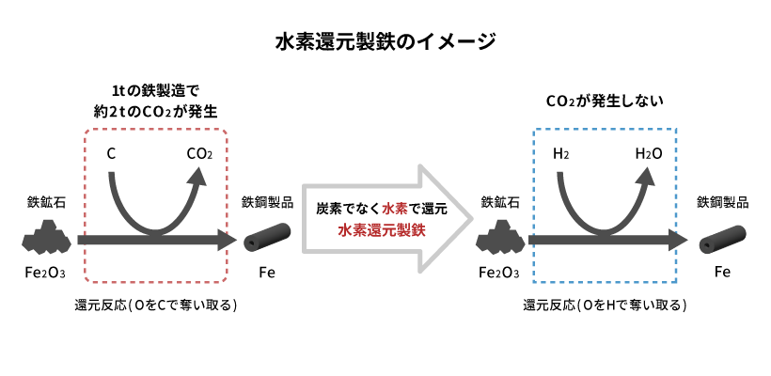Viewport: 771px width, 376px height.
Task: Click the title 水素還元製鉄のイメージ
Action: pyautogui.click(x=385, y=42)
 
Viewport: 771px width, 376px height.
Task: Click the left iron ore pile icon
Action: pyautogui.click(x=45, y=240)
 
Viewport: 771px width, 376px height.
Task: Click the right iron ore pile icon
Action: pyautogui.click(x=498, y=240)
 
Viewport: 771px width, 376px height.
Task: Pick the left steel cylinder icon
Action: pyautogui.click(x=267, y=240)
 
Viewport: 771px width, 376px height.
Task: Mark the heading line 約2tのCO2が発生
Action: pyautogui.click(x=154, y=110)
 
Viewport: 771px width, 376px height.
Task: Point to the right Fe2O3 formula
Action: pyautogui.click(x=498, y=274)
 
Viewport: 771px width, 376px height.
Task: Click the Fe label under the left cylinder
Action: pyautogui.click(x=267, y=274)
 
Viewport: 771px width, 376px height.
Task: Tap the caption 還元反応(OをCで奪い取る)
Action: pyautogui.click(x=154, y=305)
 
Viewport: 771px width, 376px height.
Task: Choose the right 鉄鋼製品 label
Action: pyautogui.click(x=722, y=201)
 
